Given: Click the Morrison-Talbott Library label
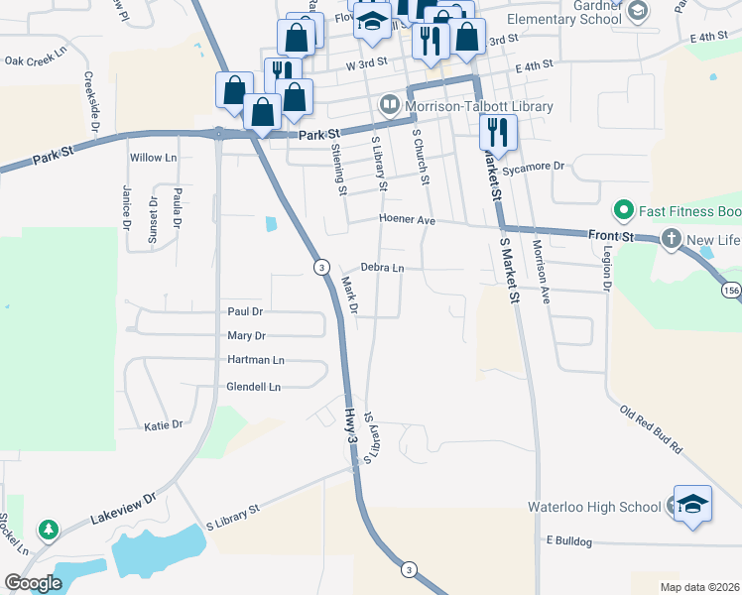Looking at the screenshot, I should click(x=477, y=106).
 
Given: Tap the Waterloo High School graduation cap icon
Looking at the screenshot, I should click(x=692, y=503).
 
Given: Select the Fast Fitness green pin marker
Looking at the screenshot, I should click(x=624, y=210).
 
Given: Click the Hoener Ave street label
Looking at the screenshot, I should click(x=406, y=220).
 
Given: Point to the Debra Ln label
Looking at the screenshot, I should click(x=382, y=268).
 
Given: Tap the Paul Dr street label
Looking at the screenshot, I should click(x=244, y=311).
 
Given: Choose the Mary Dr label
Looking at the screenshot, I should click(x=247, y=336).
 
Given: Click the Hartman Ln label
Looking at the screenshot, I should click(x=256, y=360).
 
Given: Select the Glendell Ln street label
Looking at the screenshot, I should click(x=254, y=387).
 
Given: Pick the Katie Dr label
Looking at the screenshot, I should click(x=164, y=424).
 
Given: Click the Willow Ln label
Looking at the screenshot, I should click(x=153, y=158).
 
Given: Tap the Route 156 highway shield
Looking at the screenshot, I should click(x=731, y=290).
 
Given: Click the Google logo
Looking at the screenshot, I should click(x=32, y=583).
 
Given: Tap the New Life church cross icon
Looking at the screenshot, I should click(x=672, y=240).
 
